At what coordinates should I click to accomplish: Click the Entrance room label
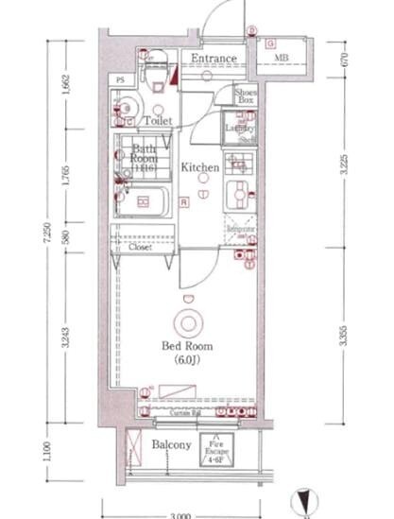(213, 59)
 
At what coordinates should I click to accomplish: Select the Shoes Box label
(246, 95)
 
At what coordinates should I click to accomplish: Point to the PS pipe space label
(121, 80)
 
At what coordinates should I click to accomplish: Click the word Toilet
(157, 122)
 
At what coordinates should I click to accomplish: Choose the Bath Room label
(145, 154)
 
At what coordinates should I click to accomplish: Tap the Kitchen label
(200, 167)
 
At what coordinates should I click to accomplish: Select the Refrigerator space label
(241, 228)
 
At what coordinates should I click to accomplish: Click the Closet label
(142, 251)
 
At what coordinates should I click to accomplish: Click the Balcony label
(171, 445)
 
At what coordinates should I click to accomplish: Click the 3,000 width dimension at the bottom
(182, 514)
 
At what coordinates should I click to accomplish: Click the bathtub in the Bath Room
(146, 201)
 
